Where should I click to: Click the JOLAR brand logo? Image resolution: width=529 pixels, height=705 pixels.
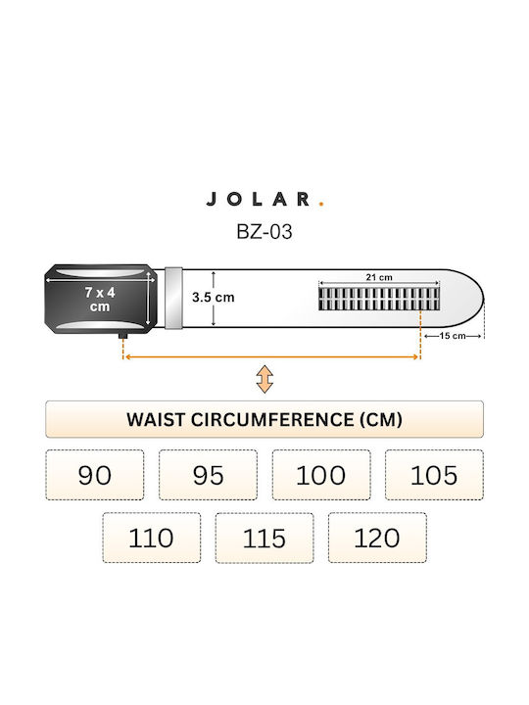264,199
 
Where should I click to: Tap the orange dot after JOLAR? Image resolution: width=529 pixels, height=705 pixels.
321,204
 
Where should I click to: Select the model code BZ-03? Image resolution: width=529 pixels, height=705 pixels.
264,232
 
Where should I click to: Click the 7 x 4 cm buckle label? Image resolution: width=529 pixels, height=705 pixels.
100,300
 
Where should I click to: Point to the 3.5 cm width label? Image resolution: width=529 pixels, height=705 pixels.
214,298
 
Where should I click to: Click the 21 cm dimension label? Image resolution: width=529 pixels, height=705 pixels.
379,277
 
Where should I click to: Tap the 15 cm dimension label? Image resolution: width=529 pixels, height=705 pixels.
453,336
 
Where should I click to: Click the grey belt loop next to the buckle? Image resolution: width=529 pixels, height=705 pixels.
173,299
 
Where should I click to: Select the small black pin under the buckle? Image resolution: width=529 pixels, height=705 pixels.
122,336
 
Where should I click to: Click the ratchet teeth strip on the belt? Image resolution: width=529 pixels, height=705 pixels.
379,299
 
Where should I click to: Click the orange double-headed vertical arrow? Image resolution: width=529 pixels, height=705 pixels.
264,379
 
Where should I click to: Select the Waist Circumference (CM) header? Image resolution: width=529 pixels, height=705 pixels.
264,419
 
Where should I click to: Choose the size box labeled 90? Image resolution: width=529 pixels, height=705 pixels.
95,475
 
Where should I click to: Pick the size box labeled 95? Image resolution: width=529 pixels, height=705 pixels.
209,475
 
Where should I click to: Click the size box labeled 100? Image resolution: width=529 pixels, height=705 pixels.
321,475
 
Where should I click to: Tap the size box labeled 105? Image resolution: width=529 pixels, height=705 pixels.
435,475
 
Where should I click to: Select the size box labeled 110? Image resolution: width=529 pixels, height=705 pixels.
152,538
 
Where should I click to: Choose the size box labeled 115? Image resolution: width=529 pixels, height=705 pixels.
264,538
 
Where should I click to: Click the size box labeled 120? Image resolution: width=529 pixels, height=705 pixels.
377,538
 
